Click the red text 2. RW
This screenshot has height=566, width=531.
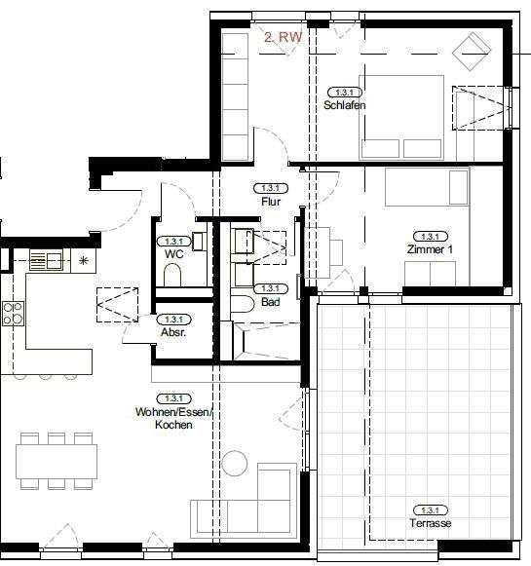(x=283, y=37)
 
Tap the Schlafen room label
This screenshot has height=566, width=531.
(x=345, y=104)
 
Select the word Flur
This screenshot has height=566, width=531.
(x=271, y=202)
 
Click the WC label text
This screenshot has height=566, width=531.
(x=174, y=254)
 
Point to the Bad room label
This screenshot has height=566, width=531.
(x=270, y=303)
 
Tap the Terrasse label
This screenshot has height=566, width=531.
(x=431, y=523)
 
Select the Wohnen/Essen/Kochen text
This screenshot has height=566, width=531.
(x=172, y=412)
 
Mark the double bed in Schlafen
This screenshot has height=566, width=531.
(x=401, y=117)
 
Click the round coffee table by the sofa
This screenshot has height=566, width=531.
(x=235, y=464)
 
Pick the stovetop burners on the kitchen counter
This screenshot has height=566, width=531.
(x=14, y=313)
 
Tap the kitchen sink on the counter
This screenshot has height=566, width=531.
(x=46, y=259)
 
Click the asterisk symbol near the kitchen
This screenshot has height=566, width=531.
(x=84, y=260)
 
